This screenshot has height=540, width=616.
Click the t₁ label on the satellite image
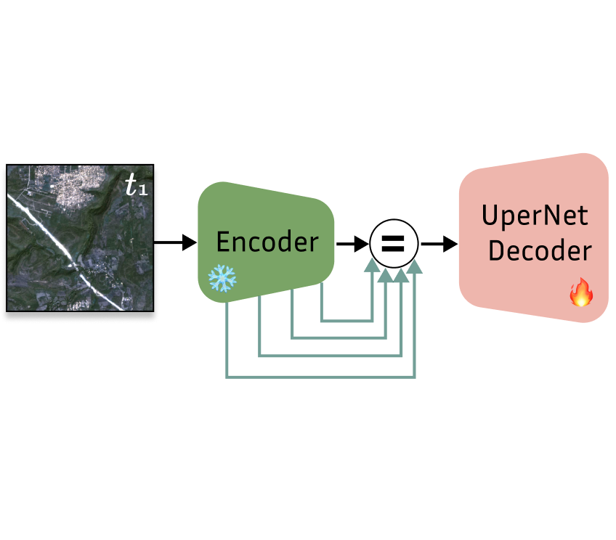(136, 186)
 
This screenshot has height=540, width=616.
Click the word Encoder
(267, 242)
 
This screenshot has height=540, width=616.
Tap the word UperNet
(535, 216)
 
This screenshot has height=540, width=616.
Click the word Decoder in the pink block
(539, 251)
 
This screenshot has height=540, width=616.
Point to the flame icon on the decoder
(580, 293)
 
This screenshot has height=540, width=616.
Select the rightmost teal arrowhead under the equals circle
(414, 267)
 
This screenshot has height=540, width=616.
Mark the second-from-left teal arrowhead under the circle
(386, 271)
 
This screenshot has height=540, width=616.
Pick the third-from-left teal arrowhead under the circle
(401, 271)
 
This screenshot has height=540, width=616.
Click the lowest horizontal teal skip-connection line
(320, 377)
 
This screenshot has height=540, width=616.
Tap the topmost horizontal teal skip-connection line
(346, 319)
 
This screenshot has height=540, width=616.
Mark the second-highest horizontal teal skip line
(339, 337)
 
